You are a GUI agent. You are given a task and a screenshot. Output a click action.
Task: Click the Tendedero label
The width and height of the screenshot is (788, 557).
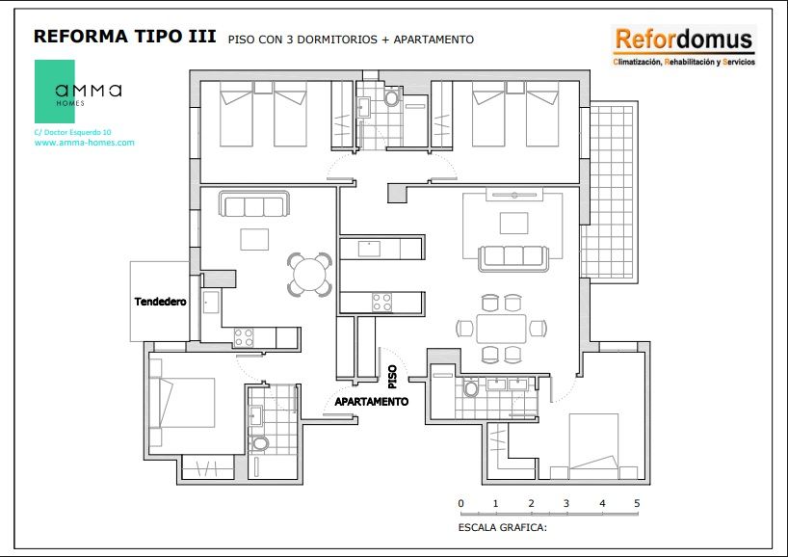tap(160, 302)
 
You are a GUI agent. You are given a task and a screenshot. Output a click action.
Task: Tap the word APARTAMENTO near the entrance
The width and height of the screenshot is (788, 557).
tap(372, 402)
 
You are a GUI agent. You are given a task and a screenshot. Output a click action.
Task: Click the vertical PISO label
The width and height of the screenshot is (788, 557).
tap(392, 377)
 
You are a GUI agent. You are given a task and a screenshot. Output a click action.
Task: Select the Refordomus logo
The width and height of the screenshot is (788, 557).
tap(684, 46)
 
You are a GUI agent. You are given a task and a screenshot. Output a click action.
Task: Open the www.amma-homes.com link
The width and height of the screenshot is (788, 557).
tap(85, 143)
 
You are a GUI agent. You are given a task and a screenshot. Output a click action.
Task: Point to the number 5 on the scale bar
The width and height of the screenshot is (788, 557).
tap(637, 503)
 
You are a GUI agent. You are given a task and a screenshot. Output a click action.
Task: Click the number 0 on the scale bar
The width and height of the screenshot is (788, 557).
tap(460, 503)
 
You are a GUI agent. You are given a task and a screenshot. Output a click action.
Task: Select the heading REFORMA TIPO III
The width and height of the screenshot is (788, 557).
tap(125, 37)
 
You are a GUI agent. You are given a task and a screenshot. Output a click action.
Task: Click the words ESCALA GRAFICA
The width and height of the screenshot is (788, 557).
tap(502, 527)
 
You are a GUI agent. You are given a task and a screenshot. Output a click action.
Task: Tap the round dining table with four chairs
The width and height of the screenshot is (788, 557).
tap(309, 274)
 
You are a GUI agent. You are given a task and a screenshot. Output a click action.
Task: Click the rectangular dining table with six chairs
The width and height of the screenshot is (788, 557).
tap(501, 329)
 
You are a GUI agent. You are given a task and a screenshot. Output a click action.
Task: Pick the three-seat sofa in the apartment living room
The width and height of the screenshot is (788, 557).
tap(253, 203)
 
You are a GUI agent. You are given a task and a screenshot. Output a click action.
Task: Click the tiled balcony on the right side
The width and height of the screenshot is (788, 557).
tap(610, 192)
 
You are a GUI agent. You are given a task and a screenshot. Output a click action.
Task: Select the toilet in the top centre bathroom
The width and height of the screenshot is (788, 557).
tap(391, 96)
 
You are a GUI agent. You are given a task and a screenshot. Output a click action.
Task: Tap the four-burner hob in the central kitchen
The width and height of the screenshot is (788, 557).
tap(381, 303)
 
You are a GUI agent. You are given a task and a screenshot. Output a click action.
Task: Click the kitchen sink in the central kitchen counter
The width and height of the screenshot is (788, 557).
tap(369, 249)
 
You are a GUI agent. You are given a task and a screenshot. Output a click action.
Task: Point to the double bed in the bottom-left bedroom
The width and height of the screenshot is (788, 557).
tap(182, 403)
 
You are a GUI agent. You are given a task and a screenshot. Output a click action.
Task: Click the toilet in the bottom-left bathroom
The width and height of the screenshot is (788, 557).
tap(260, 444)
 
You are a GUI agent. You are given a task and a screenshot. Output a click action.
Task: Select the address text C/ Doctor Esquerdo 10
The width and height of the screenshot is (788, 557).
tap(73, 132)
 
